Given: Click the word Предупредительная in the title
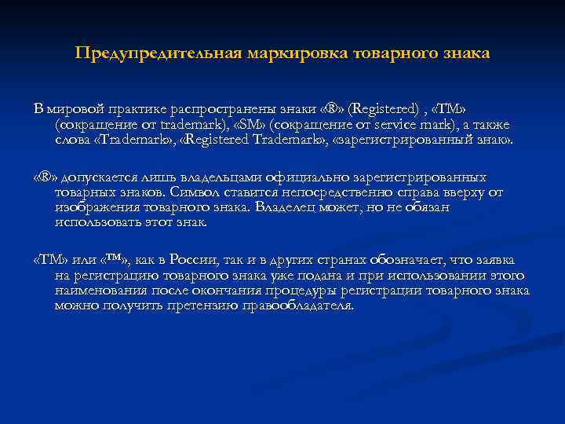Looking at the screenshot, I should (x=157, y=54).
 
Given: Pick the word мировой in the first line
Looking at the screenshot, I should (x=75, y=108).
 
